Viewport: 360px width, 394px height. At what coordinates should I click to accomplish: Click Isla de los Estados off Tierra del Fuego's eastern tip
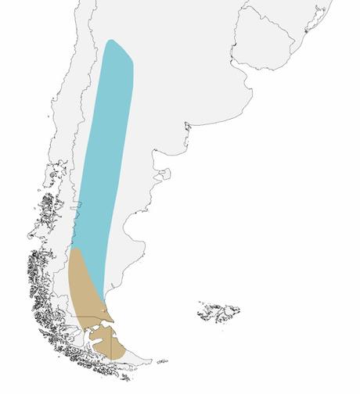point(162,361)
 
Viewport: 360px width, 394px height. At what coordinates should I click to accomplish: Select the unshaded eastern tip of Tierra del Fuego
point(137,355)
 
